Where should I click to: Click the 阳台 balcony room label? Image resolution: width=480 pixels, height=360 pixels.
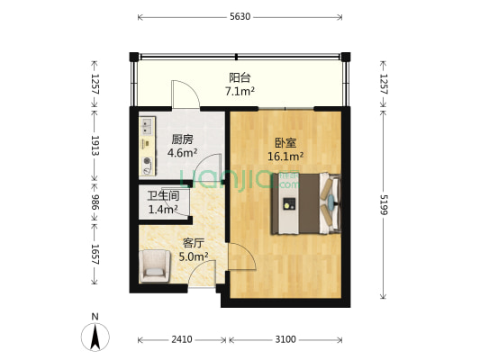coord(240,77)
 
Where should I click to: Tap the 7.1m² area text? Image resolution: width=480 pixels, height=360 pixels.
coord(240,91)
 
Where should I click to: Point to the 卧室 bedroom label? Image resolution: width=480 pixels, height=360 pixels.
coord(285,142)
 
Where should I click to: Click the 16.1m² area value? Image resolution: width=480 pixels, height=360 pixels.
coord(285,155)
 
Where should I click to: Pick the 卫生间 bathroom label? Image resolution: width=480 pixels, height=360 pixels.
coord(163,196)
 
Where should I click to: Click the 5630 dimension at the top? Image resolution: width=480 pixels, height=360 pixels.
coord(240,16)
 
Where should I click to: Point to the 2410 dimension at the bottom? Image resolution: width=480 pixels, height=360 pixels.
coord(182,340)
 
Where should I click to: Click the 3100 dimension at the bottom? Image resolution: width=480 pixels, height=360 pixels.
coord(285,340)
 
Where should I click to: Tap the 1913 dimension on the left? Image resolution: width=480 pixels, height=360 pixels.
coord(94,147)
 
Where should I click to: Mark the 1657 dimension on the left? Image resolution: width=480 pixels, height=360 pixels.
coord(94,255)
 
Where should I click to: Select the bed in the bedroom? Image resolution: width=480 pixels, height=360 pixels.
coord(306,203)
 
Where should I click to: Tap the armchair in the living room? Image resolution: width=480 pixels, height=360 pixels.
coord(154,265)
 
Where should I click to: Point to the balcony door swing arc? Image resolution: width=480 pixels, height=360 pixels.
coord(184,94)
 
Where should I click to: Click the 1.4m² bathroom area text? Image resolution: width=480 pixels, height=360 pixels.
coord(163,210)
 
